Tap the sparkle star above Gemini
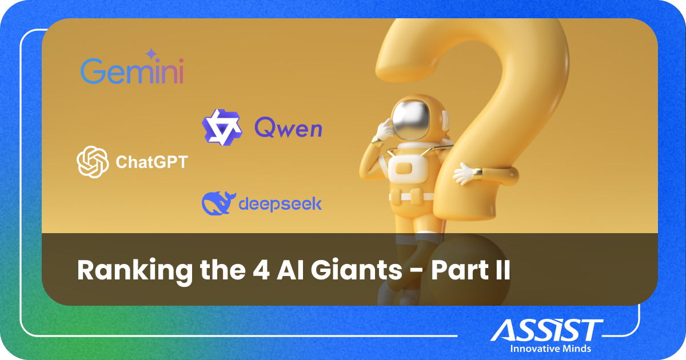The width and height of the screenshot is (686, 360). click(x=151, y=54)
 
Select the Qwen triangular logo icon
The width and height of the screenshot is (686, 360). click(x=218, y=127)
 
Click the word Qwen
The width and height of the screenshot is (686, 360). click(x=288, y=128)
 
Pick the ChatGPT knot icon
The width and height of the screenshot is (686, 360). click(x=93, y=162)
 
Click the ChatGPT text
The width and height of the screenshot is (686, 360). click(x=151, y=163)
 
